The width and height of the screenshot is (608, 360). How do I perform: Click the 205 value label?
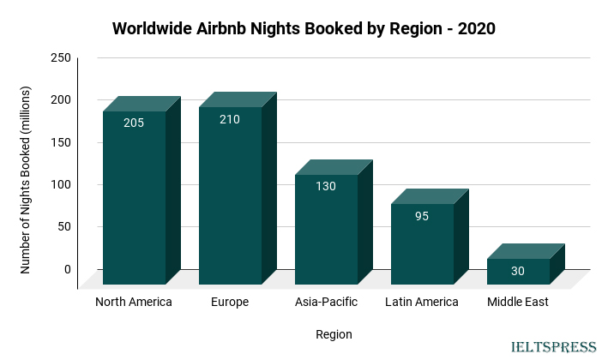tap(134, 123)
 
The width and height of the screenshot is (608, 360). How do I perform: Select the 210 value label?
tap(230, 119)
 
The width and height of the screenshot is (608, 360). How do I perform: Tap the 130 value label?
tap(326, 186)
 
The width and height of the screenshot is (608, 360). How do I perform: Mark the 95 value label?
tap(422, 216)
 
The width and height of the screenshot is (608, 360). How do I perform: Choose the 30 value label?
tap(518, 271)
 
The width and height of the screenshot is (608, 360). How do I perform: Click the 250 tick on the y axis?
tap(61, 57)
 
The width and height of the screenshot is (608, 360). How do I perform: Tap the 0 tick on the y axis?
tap(67, 269)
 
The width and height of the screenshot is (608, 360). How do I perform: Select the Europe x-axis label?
tap(230, 302)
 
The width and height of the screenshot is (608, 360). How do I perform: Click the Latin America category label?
tap(422, 302)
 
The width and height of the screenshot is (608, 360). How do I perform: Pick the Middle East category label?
tap(518, 302)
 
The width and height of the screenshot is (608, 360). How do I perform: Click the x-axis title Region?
tap(334, 334)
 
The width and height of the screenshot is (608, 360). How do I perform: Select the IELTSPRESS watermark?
tap(553, 347)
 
